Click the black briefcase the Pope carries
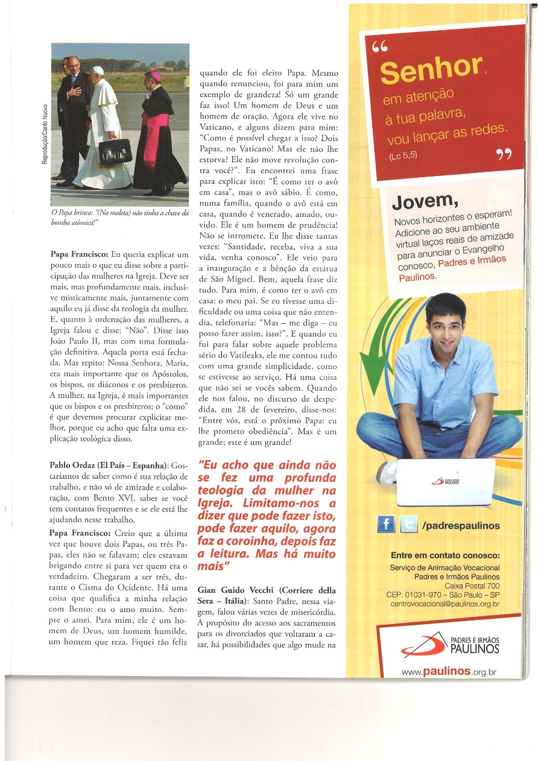115,152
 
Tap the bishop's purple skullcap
156,75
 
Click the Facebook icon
386,525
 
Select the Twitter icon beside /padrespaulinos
408,525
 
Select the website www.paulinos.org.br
449,671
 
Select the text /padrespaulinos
461,526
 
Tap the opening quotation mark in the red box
380,48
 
